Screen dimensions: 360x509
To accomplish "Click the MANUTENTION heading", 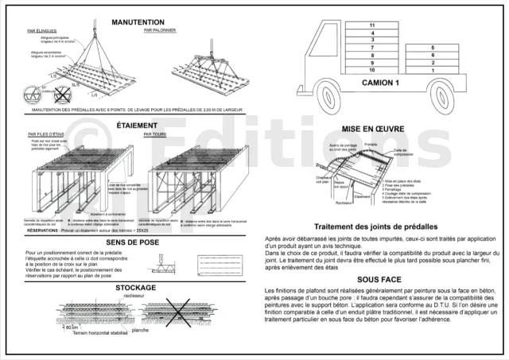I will point(138,22).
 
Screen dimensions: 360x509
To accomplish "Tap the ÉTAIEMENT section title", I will point(137,125).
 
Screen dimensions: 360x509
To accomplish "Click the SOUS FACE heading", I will point(378,280).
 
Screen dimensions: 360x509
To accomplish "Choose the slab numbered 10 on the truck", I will point(372,71).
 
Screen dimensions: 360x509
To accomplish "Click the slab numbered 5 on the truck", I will point(433,48).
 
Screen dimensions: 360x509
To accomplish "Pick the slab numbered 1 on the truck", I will point(433,71).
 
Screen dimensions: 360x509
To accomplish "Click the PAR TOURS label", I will point(154,134).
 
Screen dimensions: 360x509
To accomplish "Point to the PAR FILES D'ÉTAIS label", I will point(45,134).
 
